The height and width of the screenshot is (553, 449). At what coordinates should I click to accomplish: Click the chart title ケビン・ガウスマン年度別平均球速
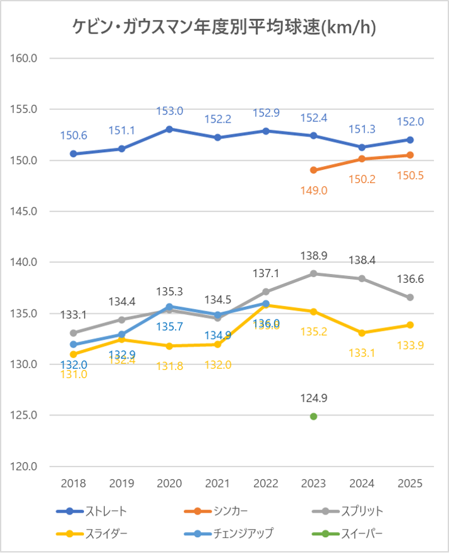point(224,27)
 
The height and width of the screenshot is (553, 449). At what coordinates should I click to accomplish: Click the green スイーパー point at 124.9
point(314,416)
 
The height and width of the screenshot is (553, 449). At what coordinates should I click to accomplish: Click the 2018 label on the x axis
point(73,484)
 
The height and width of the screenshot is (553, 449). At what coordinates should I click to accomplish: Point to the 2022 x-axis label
point(266,484)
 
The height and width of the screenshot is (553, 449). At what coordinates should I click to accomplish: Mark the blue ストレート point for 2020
point(169,129)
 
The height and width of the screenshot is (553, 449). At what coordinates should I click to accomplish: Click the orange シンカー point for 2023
point(314,170)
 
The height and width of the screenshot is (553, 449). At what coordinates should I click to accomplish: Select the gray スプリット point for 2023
point(314,273)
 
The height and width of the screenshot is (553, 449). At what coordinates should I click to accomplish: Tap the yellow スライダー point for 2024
point(362,333)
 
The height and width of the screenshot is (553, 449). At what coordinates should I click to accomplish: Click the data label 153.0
point(169,111)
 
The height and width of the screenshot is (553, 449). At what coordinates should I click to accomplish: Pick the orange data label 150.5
point(410,176)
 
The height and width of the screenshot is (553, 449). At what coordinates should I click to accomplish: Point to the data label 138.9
point(314,256)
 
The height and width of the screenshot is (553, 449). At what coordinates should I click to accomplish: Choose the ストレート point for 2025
point(410,140)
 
